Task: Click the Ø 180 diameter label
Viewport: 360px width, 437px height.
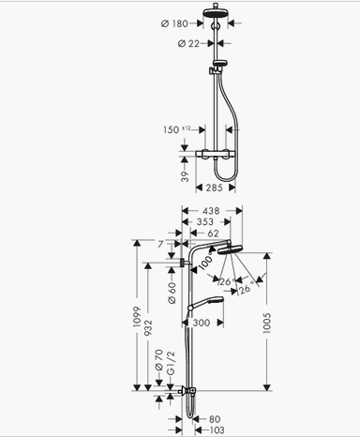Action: [174, 23]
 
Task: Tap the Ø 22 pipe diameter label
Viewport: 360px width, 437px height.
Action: [188, 43]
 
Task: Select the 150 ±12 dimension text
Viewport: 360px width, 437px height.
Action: [177, 129]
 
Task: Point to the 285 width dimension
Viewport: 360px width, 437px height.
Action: [214, 188]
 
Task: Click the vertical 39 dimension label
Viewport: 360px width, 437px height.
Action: [185, 176]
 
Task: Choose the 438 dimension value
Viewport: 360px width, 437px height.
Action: [211, 211]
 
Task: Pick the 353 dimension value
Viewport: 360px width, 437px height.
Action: [205, 221]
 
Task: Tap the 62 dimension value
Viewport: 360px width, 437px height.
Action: [213, 234]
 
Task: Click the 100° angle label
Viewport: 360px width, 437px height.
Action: [206, 263]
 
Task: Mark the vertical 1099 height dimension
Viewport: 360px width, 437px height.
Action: [137, 317]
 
